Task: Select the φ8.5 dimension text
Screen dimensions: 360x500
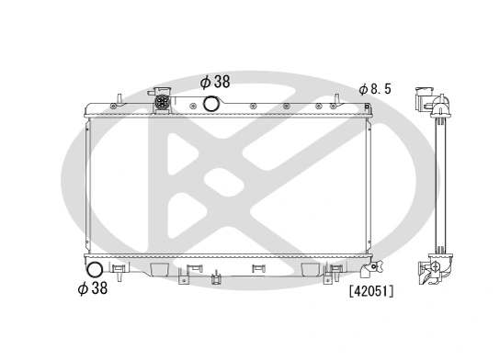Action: click(x=375, y=89)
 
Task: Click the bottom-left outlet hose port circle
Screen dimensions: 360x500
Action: click(x=95, y=270)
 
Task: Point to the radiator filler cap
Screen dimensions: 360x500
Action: click(x=165, y=100)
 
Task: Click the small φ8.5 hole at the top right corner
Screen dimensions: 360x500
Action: click(x=369, y=108)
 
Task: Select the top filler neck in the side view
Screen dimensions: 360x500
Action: click(x=428, y=99)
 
